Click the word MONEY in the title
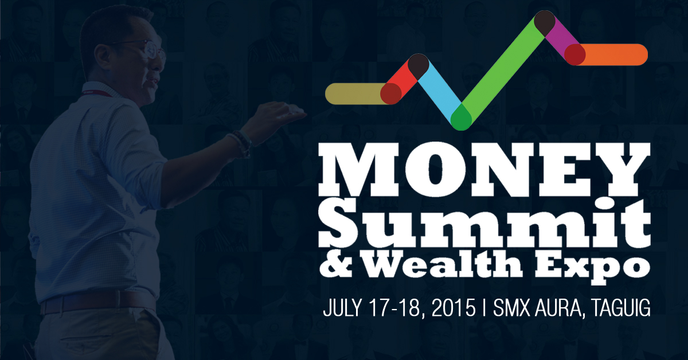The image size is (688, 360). [x=484, y=169]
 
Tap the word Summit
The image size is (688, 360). [x=484, y=224]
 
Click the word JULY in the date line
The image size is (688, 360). [x=341, y=307]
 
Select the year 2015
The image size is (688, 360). [x=454, y=307]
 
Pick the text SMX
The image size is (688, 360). [x=511, y=307]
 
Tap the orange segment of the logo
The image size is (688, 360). [x=611, y=54]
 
